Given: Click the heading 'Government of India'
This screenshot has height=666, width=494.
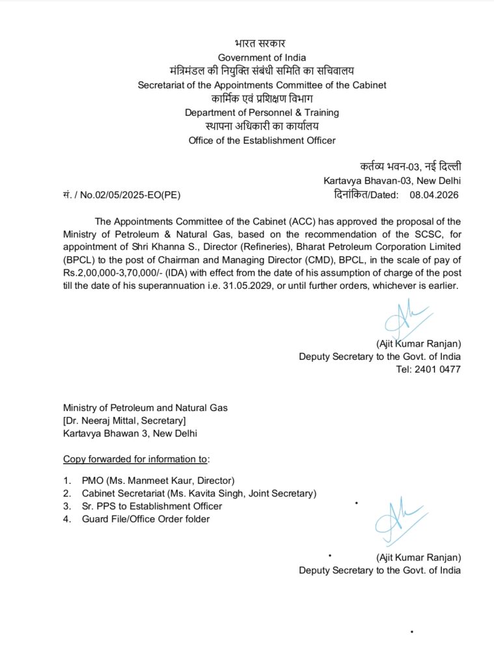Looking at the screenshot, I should (x=261, y=57).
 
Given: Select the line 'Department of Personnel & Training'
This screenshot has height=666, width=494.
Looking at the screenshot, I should (x=262, y=113).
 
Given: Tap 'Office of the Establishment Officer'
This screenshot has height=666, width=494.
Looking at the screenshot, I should (x=262, y=140).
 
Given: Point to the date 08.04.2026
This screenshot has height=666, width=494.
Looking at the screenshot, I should (x=435, y=194).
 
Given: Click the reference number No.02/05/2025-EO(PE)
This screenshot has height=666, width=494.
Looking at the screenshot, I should (x=122, y=194).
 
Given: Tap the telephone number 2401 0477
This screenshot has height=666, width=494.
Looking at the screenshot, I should (x=440, y=369).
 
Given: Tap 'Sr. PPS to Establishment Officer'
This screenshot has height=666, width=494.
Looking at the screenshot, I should (x=152, y=506).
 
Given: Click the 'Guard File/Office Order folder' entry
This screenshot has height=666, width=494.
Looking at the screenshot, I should (x=146, y=518).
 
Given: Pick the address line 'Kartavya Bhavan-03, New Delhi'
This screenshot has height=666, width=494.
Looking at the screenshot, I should (x=392, y=180).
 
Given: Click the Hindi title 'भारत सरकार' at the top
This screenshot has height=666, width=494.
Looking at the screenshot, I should (x=261, y=44).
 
